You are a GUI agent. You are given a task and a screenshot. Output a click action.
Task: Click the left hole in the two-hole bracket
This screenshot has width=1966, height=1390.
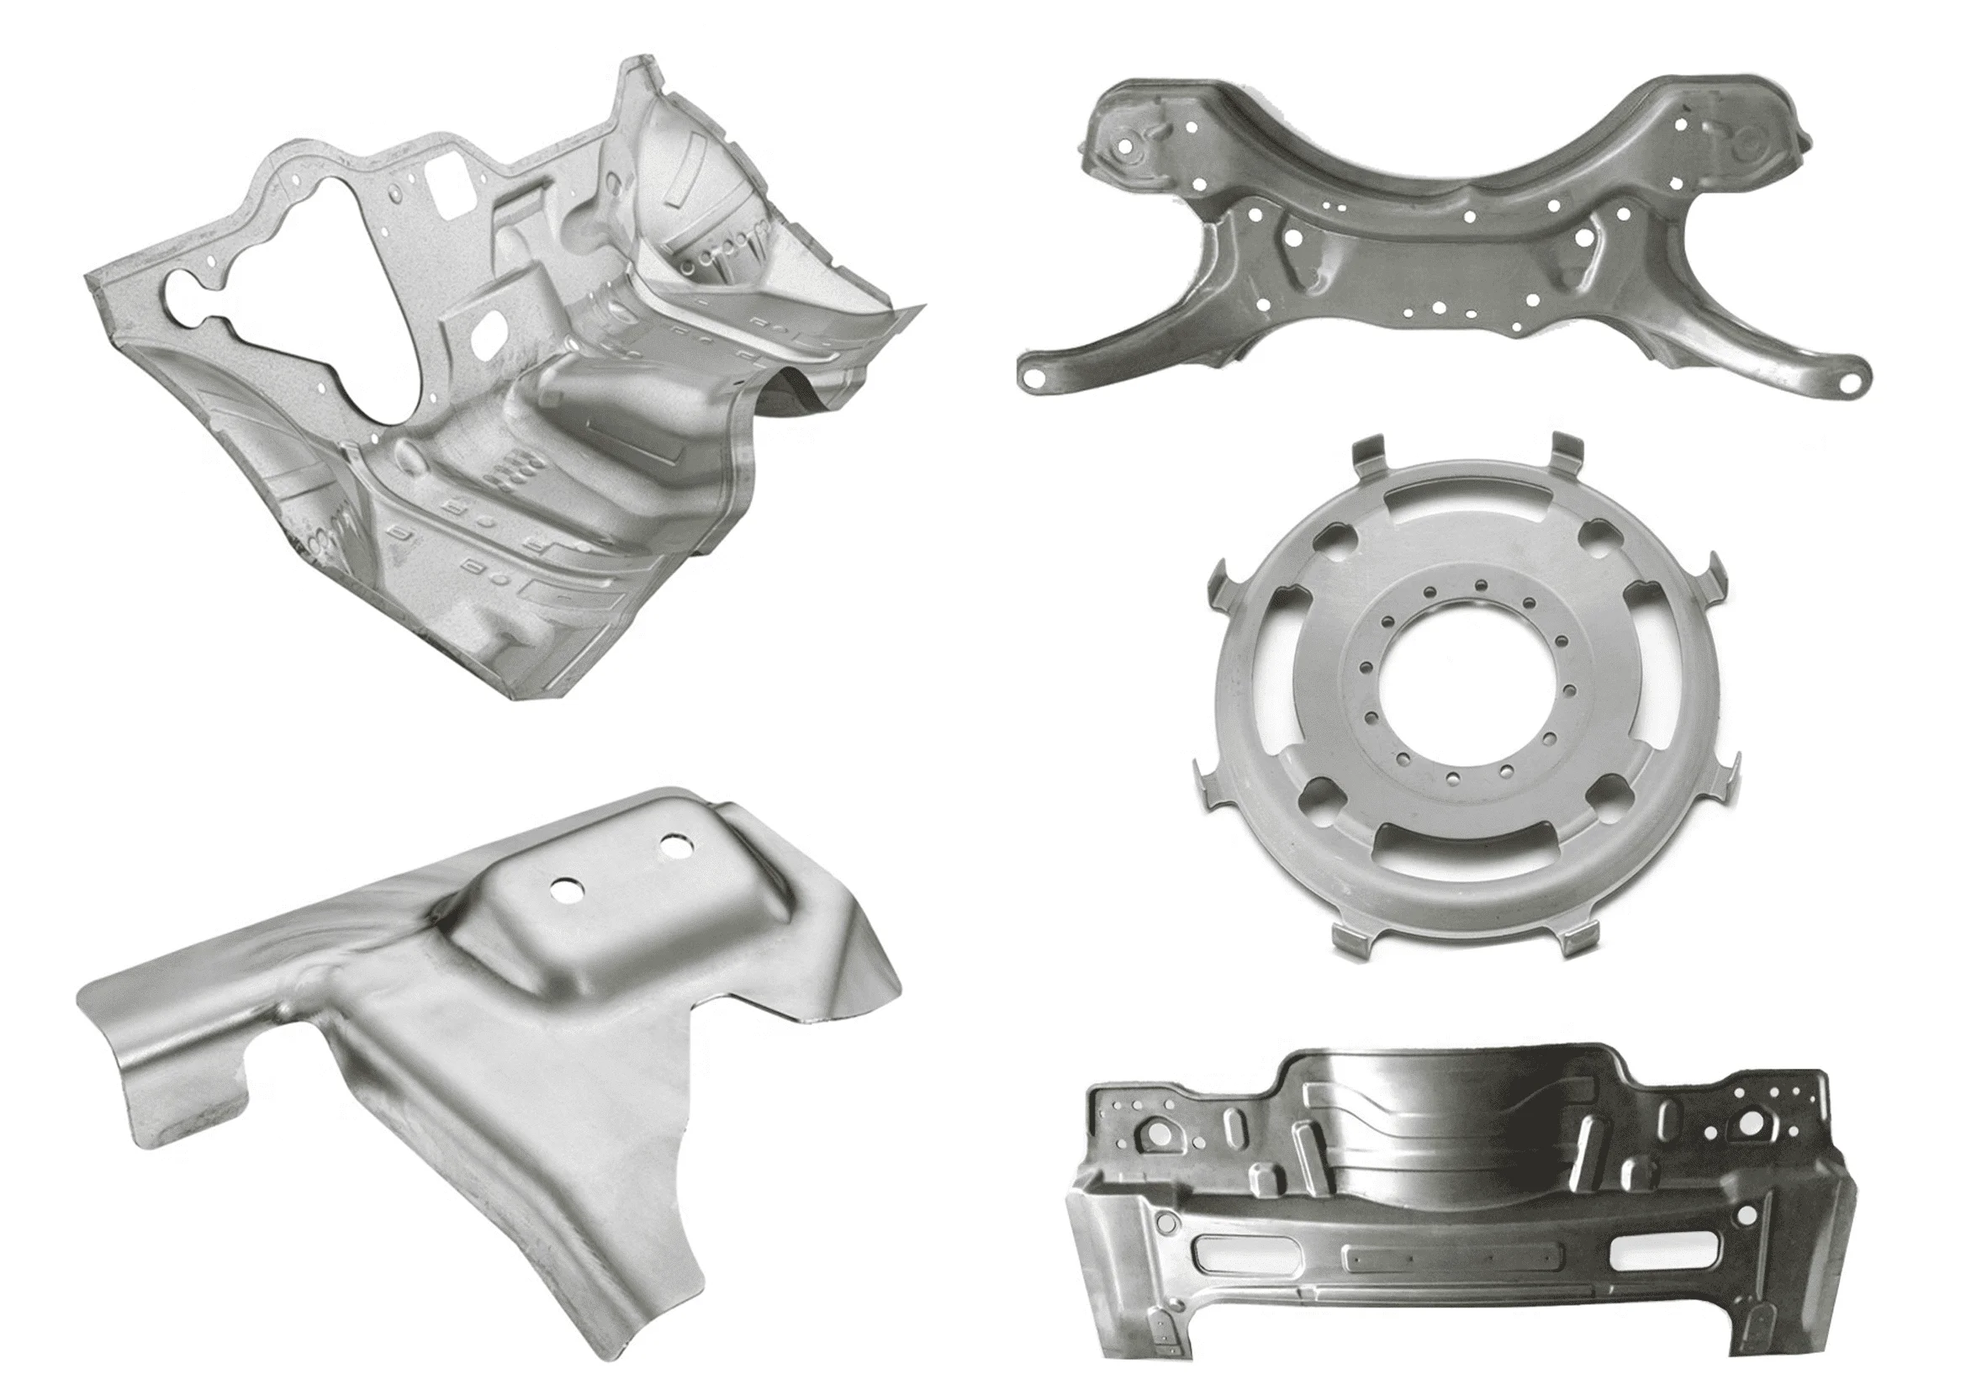(565, 890)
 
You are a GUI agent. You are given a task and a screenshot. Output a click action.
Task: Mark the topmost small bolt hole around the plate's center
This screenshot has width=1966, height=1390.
(1479, 585)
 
